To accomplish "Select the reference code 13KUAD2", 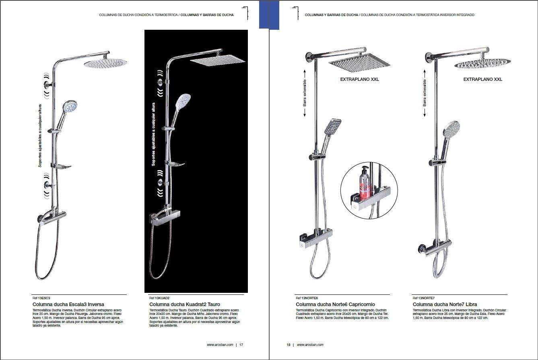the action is [x=162, y=298].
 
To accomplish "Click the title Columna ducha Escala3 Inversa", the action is [x=68, y=304].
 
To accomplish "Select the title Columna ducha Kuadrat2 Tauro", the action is [x=185, y=304].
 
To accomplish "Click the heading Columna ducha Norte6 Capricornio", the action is [x=335, y=304].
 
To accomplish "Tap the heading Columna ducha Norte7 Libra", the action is [x=445, y=304].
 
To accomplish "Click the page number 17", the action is [x=241, y=345].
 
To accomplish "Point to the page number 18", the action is [x=289, y=345].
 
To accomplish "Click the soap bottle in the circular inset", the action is [x=365, y=182].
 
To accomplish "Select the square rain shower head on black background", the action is [x=218, y=60].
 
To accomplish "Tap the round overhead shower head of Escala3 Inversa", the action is [x=105, y=63].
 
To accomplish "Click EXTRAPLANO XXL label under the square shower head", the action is [x=360, y=79].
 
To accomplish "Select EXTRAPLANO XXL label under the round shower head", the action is [x=483, y=79].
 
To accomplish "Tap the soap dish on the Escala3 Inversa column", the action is [x=63, y=167].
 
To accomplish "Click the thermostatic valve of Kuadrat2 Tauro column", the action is [x=165, y=217].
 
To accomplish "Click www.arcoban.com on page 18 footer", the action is [x=310, y=345].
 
